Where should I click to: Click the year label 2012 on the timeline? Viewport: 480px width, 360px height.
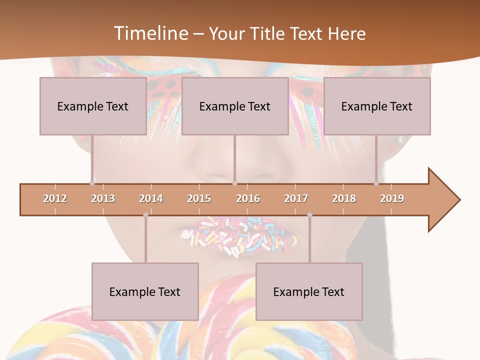(x=55, y=198)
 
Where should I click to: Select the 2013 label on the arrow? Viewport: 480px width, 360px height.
(x=103, y=198)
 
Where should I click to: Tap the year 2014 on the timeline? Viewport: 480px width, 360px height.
(x=151, y=198)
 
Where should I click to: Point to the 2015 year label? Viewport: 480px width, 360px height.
(x=199, y=198)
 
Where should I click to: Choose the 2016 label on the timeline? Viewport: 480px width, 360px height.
(x=248, y=198)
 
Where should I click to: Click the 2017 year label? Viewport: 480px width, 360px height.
(x=296, y=198)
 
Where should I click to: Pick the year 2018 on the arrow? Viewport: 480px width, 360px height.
(x=344, y=198)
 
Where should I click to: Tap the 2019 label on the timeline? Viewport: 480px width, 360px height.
(x=392, y=198)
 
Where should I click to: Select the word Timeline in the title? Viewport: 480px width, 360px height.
(x=149, y=33)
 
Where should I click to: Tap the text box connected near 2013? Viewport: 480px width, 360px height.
(x=93, y=106)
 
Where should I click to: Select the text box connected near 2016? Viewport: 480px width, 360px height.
(x=235, y=106)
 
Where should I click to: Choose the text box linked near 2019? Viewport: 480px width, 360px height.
(x=377, y=106)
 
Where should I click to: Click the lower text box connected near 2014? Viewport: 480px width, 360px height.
(x=145, y=291)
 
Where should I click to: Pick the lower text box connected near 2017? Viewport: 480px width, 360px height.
(x=309, y=291)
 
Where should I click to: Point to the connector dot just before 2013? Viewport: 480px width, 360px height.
(x=92, y=183)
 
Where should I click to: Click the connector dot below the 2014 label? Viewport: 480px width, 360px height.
(x=145, y=215)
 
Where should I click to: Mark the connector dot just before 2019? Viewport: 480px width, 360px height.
(x=376, y=183)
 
